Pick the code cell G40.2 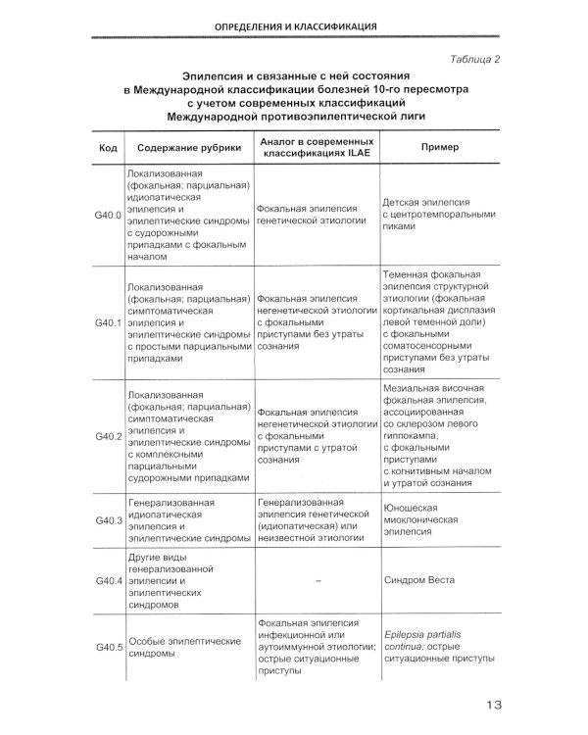(108, 435)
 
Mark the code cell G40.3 (108, 520)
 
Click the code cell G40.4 (108, 580)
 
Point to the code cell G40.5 (108, 648)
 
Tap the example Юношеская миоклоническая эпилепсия (421, 520)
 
